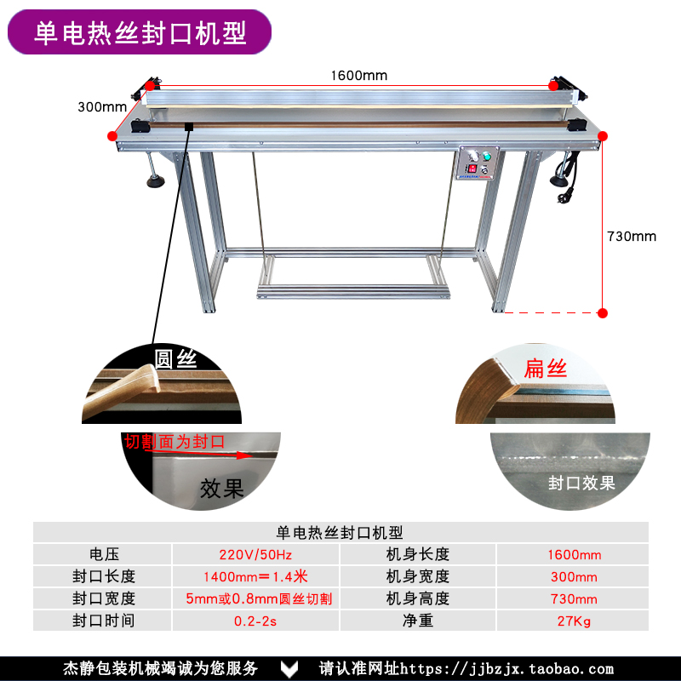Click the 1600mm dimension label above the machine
coord(358,76)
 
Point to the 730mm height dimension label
coord(632,236)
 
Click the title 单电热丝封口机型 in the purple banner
coord(140,32)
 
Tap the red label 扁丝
coord(546,369)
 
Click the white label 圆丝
coord(175,358)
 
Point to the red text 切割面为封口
coord(175,442)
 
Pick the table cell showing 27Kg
coord(574,621)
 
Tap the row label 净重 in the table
coord(417,621)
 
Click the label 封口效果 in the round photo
coord(581,484)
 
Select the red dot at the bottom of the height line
coord(602,313)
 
